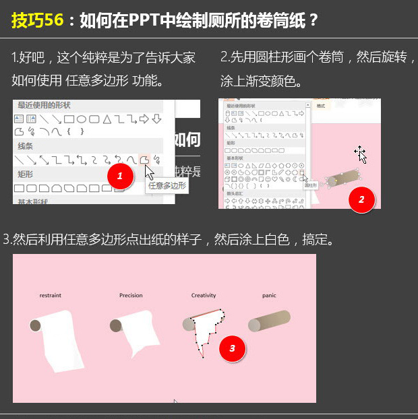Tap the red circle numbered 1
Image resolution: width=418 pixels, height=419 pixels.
(120, 176)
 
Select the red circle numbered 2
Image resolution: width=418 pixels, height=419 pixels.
(361, 199)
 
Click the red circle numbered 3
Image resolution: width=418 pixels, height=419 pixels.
(233, 348)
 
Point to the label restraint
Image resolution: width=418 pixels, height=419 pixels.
(51, 296)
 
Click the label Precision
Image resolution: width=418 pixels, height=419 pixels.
(131, 296)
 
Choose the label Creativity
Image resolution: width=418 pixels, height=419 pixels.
(204, 296)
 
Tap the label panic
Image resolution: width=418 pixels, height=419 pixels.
(270, 296)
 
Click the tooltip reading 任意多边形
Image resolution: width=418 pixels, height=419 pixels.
(165, 185)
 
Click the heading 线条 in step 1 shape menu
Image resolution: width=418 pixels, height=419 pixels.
(26, 146)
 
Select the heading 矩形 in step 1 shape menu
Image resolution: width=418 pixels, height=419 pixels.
(26, 174)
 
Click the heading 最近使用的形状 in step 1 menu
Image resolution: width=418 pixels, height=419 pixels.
(44, 105)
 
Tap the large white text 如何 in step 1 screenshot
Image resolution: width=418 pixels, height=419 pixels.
(187, 139)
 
